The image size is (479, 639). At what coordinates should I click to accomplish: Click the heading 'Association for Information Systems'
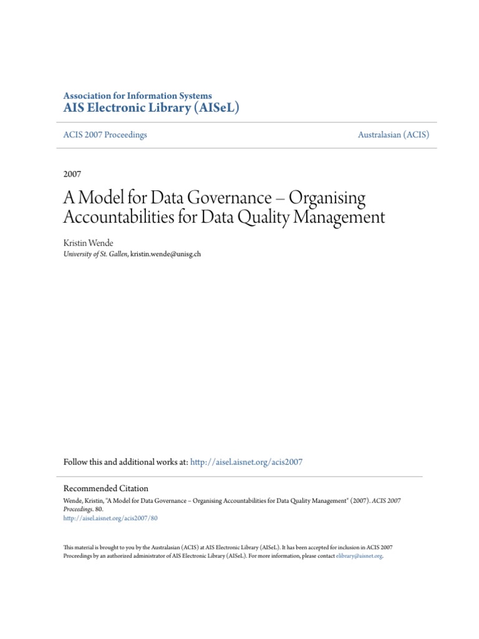pos(138,95)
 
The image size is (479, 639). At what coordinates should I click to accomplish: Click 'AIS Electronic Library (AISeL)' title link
pos(152,108)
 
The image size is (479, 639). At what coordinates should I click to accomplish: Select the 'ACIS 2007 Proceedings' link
pos(105,135)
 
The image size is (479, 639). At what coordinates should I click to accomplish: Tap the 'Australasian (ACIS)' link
pos(394,135)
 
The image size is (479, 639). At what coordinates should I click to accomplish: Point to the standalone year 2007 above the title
pos(72,174)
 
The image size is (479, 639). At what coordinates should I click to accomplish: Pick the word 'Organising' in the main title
pos(327,198)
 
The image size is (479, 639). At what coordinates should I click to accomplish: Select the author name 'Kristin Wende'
pos(89,242)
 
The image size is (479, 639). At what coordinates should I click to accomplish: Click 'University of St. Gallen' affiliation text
pos(95,254)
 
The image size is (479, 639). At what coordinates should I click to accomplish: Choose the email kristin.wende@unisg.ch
pos(166,254)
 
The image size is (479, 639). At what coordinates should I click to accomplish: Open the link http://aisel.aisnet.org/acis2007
pos(246,462)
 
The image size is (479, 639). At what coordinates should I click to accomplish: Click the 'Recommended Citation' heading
pos(106,489)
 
